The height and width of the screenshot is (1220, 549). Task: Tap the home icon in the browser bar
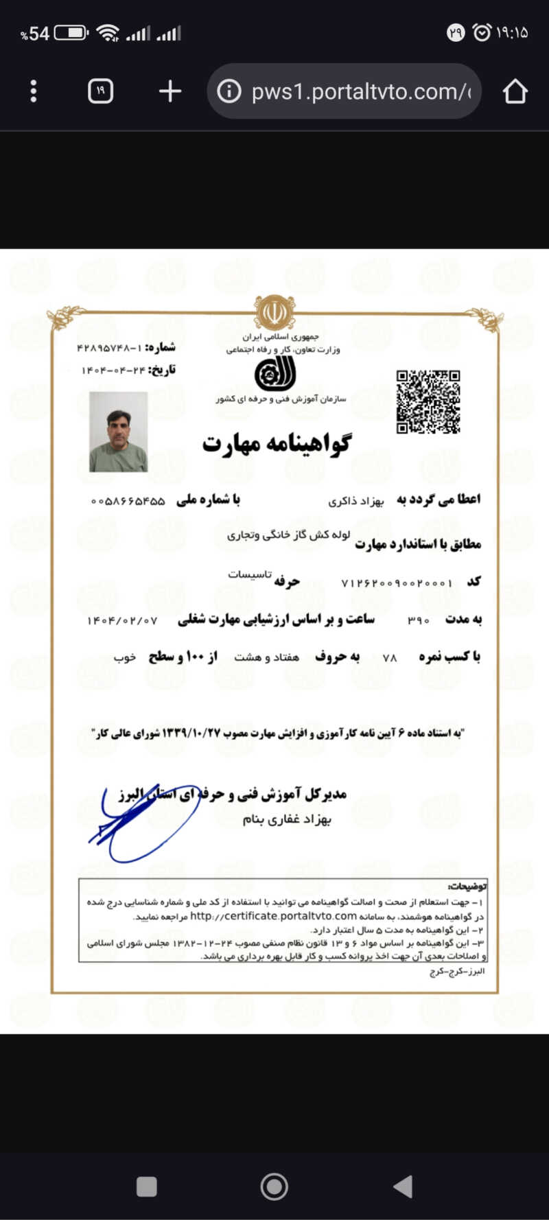pos(515,91)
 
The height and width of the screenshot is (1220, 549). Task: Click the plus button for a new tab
pos(170,91)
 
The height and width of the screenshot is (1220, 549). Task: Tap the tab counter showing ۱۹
pos(100,91)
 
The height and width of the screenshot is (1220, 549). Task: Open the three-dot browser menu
pos(34,91)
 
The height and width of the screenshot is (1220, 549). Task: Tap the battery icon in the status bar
pos(71,33)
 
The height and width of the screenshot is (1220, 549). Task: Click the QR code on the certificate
pos(428,402)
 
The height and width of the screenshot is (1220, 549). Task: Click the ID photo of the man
pos(119,432)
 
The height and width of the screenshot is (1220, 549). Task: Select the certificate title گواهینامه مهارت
pos(276,444)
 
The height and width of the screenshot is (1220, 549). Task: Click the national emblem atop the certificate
pos(274,313)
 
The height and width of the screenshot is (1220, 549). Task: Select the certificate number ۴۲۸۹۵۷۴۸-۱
pos(110,348)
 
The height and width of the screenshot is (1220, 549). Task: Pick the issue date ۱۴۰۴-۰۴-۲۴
pos(114,371)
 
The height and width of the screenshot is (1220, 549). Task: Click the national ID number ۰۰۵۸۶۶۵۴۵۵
pos(128,502)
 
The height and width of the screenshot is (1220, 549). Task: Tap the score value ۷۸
pos(390,658)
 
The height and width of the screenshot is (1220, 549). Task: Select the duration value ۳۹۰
pos(418,620)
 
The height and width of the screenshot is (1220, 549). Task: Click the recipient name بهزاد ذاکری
pos(356,502)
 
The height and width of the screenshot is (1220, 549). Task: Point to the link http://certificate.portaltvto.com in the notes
pos(273,916)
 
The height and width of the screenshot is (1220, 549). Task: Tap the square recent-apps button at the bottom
pos(147,1186)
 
